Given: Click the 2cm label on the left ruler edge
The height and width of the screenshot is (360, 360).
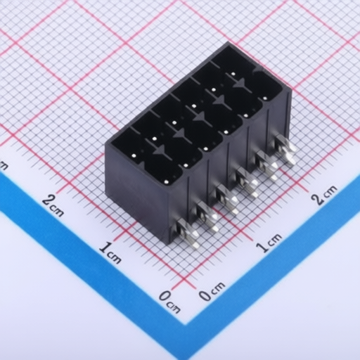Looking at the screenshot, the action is (53, 206).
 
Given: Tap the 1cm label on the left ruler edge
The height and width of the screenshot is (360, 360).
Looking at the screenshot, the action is (110, 253).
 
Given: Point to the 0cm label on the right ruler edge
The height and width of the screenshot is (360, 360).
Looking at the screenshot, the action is (212, 291).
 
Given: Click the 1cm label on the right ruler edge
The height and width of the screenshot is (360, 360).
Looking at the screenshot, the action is (269, 243).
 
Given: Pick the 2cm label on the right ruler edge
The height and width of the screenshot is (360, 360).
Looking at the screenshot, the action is (324, 195).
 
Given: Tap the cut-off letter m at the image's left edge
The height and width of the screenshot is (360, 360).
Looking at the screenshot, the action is (4, 166).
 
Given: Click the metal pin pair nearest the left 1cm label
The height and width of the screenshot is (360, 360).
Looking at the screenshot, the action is (188, 233).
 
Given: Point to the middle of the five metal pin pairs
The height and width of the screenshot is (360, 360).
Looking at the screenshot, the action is (227, 199).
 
